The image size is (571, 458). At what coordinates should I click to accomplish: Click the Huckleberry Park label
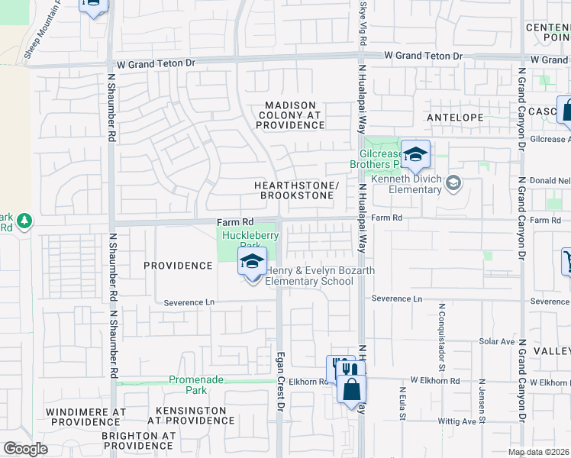pyautogui.click(x=249, y=241)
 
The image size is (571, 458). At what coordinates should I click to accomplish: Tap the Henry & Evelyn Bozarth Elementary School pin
pyautogui.click(x=252, y=263)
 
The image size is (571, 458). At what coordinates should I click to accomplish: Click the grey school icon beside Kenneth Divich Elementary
pyautogui.click(x=453, y=182)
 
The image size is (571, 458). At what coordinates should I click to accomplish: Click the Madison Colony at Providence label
pyautogui.click(x=291, y=114)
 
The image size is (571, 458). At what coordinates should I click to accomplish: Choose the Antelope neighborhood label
pyautogui.click(x=455, y=118)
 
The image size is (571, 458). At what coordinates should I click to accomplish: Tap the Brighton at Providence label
pyautogui.click(x=138, y=440)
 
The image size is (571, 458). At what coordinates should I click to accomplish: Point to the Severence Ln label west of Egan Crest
pyautogui.click(x=189, y=302)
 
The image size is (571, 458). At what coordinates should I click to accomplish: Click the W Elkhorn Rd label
pyautogui.click(x=435, y=380)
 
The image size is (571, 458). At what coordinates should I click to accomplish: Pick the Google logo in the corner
pyautogui.click(x=25, y=449)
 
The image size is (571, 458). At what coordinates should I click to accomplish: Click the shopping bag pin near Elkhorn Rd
pyautogui.click(x=351, y=389)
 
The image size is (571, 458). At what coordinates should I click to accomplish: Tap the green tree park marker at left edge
pyautogui.click(x=24, y=221)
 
